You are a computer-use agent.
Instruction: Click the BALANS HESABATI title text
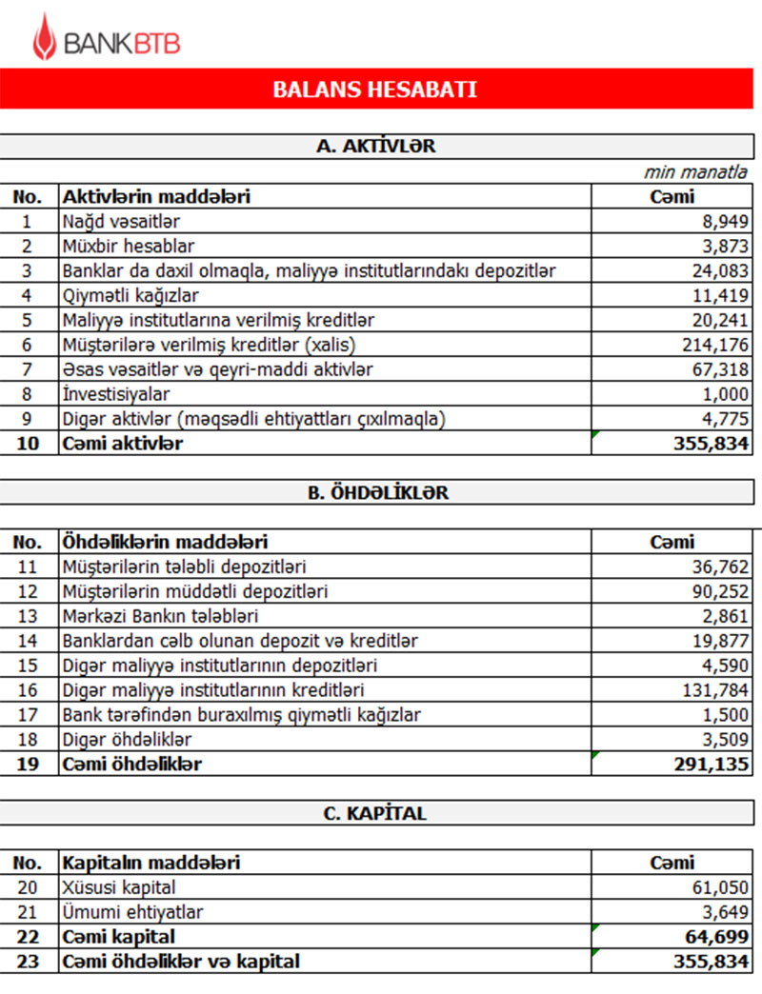(374, 90)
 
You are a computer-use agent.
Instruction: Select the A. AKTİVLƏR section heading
(375, 147)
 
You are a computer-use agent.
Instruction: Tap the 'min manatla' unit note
(695, 172)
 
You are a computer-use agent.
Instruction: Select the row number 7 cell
(28, 369)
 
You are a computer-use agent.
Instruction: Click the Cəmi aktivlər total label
(123, 444)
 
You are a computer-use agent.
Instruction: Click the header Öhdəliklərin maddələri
(165, 542)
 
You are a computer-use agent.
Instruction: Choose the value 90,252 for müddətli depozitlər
(722, 591)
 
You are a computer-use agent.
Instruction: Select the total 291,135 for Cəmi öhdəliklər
(713, 764)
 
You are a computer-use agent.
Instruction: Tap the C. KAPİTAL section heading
(376, 814)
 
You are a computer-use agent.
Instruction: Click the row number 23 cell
(28, 962)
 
